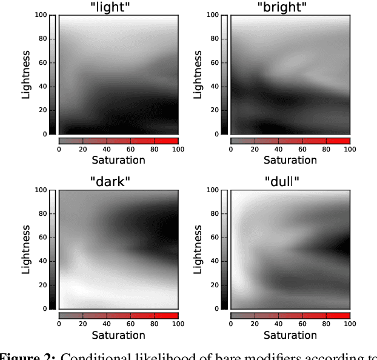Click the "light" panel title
pos(118,7)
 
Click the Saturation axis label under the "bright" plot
pos(290,160)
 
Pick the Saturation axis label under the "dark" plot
pos(118,335)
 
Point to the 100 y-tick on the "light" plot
pos(42,15)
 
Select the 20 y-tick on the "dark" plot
pos(44,285)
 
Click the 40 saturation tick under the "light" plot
pos(107,149)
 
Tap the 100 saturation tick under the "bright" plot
pos(350,149)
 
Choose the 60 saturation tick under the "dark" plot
pos(130,324)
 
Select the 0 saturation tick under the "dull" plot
pos(231,324)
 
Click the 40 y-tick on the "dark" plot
pos(44,261)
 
